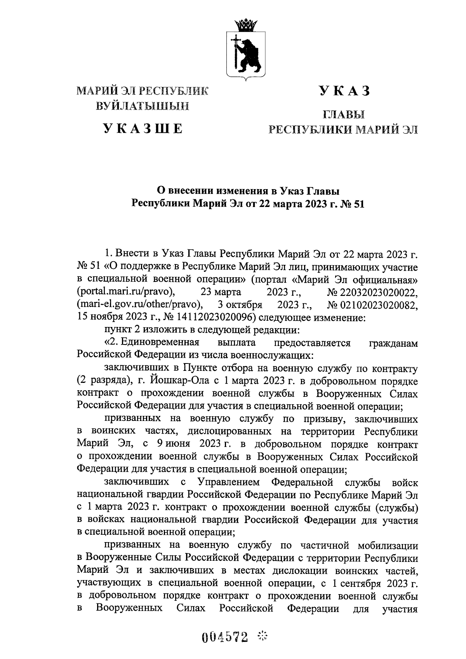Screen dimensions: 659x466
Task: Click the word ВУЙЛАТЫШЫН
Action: point(143,106)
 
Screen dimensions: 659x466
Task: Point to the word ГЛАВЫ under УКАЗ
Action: point(344,115)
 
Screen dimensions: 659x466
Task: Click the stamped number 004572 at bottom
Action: point(225,636)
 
